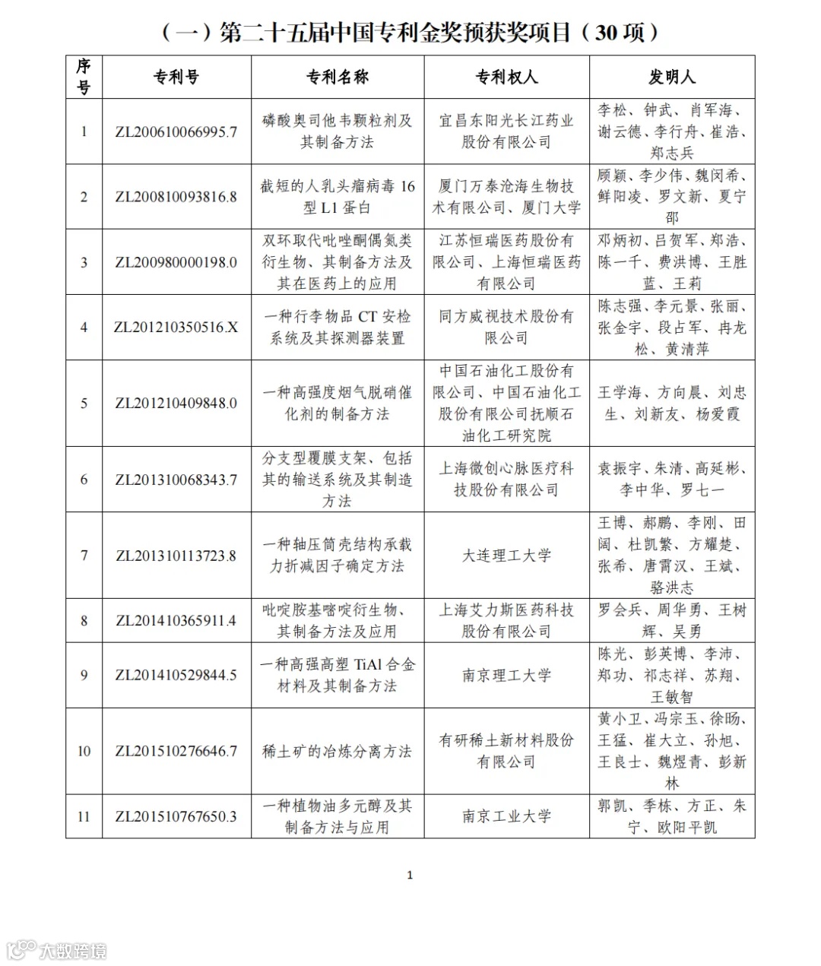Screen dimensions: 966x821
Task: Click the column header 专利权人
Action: click(506, 77)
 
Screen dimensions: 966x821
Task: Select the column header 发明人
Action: click(672, 77)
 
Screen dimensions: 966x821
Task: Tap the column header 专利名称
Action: click(338, 77)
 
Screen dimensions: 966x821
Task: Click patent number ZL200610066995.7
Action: click(176, 131)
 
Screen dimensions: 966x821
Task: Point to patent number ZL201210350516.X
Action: click(176, 328)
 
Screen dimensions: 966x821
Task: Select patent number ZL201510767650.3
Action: click(176, 817)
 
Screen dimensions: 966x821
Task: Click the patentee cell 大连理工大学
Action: click(506, 556)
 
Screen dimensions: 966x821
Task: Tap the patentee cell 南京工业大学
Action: click(506, 817)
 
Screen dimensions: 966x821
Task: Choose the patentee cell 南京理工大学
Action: click(506, 676)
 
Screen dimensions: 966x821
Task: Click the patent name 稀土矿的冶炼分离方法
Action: click(338, 752)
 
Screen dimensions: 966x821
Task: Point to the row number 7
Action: click(84, 556)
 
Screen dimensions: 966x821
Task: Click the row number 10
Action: click(84, 752)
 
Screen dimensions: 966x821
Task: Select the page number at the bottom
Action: click(410, 876)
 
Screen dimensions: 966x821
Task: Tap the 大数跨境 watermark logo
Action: click(57, 950)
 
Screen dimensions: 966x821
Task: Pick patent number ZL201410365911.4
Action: click(176, 621)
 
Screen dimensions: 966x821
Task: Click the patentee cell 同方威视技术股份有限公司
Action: click(506, 328)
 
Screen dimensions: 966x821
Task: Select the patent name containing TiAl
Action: click(338, 676)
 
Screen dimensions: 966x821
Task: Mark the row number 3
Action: click(84, 262)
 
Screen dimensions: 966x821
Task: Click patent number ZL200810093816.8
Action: click(176, 197)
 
